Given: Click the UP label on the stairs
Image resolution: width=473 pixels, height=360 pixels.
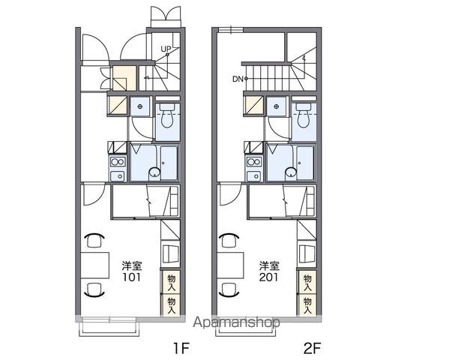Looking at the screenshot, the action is pos(166,49).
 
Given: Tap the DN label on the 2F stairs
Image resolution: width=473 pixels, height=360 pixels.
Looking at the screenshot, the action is pos(238,79).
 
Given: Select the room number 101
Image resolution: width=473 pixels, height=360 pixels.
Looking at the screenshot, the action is pos(131,277).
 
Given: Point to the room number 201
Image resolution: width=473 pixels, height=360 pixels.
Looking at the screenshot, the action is pos(269,277).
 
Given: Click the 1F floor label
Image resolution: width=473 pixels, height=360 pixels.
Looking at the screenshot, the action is pos(181,349).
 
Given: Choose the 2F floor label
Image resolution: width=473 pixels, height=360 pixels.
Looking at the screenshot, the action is pos(312,349).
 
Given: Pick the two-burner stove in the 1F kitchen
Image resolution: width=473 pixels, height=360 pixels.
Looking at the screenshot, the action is pos(118,162).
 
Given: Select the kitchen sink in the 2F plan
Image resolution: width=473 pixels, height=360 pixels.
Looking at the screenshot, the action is pos(254,175).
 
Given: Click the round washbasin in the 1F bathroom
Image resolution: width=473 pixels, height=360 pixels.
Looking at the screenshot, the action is pos(154,172).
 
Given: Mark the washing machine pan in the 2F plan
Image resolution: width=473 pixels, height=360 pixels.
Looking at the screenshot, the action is pos(277,106).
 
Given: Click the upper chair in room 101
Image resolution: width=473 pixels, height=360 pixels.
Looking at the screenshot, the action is pos(94,240).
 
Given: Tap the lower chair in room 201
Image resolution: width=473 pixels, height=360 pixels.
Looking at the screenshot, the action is pos(231,289).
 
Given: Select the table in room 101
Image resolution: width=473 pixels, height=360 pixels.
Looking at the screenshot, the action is pos(95,265).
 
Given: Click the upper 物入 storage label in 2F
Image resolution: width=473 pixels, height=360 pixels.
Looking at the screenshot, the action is pos(307,283).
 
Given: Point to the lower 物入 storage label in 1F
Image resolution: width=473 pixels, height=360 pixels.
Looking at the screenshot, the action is pos(172,305).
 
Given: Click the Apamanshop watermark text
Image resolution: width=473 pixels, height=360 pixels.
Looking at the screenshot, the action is pos(236,322).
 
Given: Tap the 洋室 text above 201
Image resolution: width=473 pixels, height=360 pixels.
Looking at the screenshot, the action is pos(269,265).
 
